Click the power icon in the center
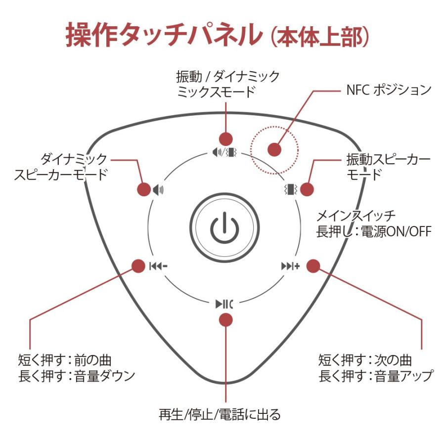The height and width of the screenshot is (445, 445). (225, 228)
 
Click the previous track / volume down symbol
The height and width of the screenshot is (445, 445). (158, 266)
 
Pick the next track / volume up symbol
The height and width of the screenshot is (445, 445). (291, 266)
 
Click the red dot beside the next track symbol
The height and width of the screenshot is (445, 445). (312, 266)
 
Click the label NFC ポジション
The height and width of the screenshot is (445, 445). (387, 90)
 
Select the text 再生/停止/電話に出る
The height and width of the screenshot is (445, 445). (220, 413)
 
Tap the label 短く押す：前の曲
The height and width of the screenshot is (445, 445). (68, 359)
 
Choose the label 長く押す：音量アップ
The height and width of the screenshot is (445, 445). (376, 375)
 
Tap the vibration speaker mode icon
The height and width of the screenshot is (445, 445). (291, 188)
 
